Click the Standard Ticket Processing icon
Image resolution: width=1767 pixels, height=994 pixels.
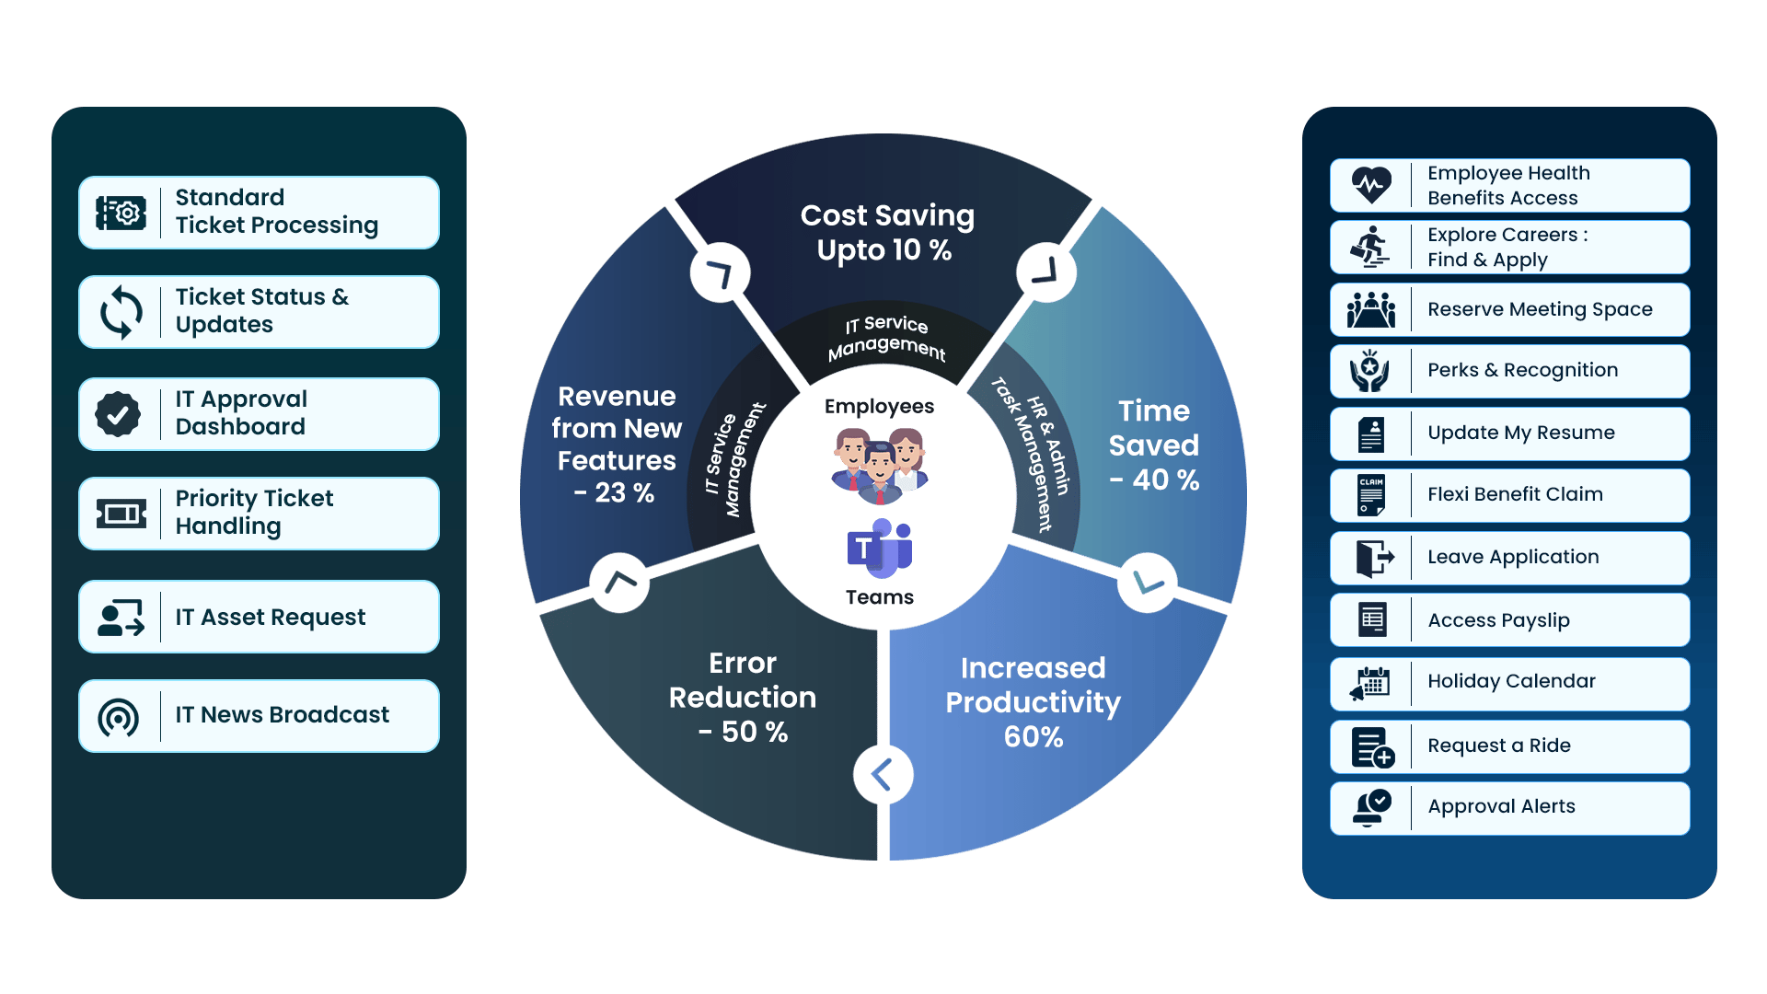point(121,213)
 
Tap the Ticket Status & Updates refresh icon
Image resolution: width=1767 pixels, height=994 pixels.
point(121,312)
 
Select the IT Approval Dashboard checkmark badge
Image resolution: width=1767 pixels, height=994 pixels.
point(119,414)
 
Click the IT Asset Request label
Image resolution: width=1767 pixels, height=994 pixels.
point(271,617)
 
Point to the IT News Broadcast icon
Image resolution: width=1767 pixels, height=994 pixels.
point(119,717)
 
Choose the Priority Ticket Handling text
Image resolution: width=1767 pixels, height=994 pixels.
point(254,513)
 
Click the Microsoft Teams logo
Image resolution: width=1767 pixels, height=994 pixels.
point(879,549)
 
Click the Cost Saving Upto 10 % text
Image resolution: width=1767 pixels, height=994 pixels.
point(886,233)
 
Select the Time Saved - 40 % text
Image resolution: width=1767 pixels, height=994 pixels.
point(1154,445)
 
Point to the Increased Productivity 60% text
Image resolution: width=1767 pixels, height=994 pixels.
point(1033,702)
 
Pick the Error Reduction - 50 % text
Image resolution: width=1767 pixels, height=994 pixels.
point(743,698)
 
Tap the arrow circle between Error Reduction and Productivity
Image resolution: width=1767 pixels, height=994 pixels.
point(883,775)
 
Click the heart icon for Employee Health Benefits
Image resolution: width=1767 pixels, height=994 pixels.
point(1371,185)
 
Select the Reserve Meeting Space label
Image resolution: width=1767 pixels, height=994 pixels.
point(1540,309)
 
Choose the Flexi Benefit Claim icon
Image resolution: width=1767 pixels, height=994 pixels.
point(1371,495)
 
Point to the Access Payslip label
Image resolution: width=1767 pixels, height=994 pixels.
point(1498,620)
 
